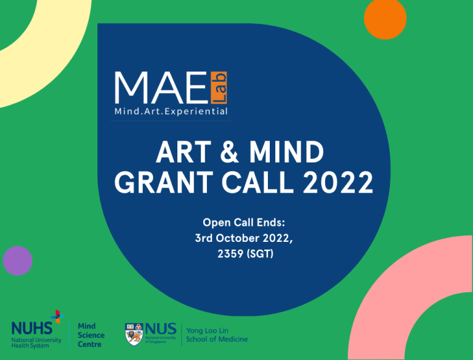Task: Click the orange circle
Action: (385, 18)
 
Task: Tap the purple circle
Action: (17, 261)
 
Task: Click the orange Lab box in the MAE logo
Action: (219, 88)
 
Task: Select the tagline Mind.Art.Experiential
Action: (171, 111)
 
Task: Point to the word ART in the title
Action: (184, 152)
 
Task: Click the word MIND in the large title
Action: (286, 152)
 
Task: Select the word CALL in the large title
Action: (258, 182)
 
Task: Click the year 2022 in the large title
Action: (338, 182)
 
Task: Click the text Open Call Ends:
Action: (244, 223)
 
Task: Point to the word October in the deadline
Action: (238, 238)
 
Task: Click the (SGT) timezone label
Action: (260, 254)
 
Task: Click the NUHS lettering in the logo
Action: (31, 329)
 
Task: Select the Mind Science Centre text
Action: (91, 335)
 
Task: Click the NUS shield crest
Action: (134, 334)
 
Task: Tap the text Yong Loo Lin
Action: (207, 330)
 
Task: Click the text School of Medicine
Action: (217, 339)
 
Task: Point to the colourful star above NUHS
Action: (57, 316)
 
